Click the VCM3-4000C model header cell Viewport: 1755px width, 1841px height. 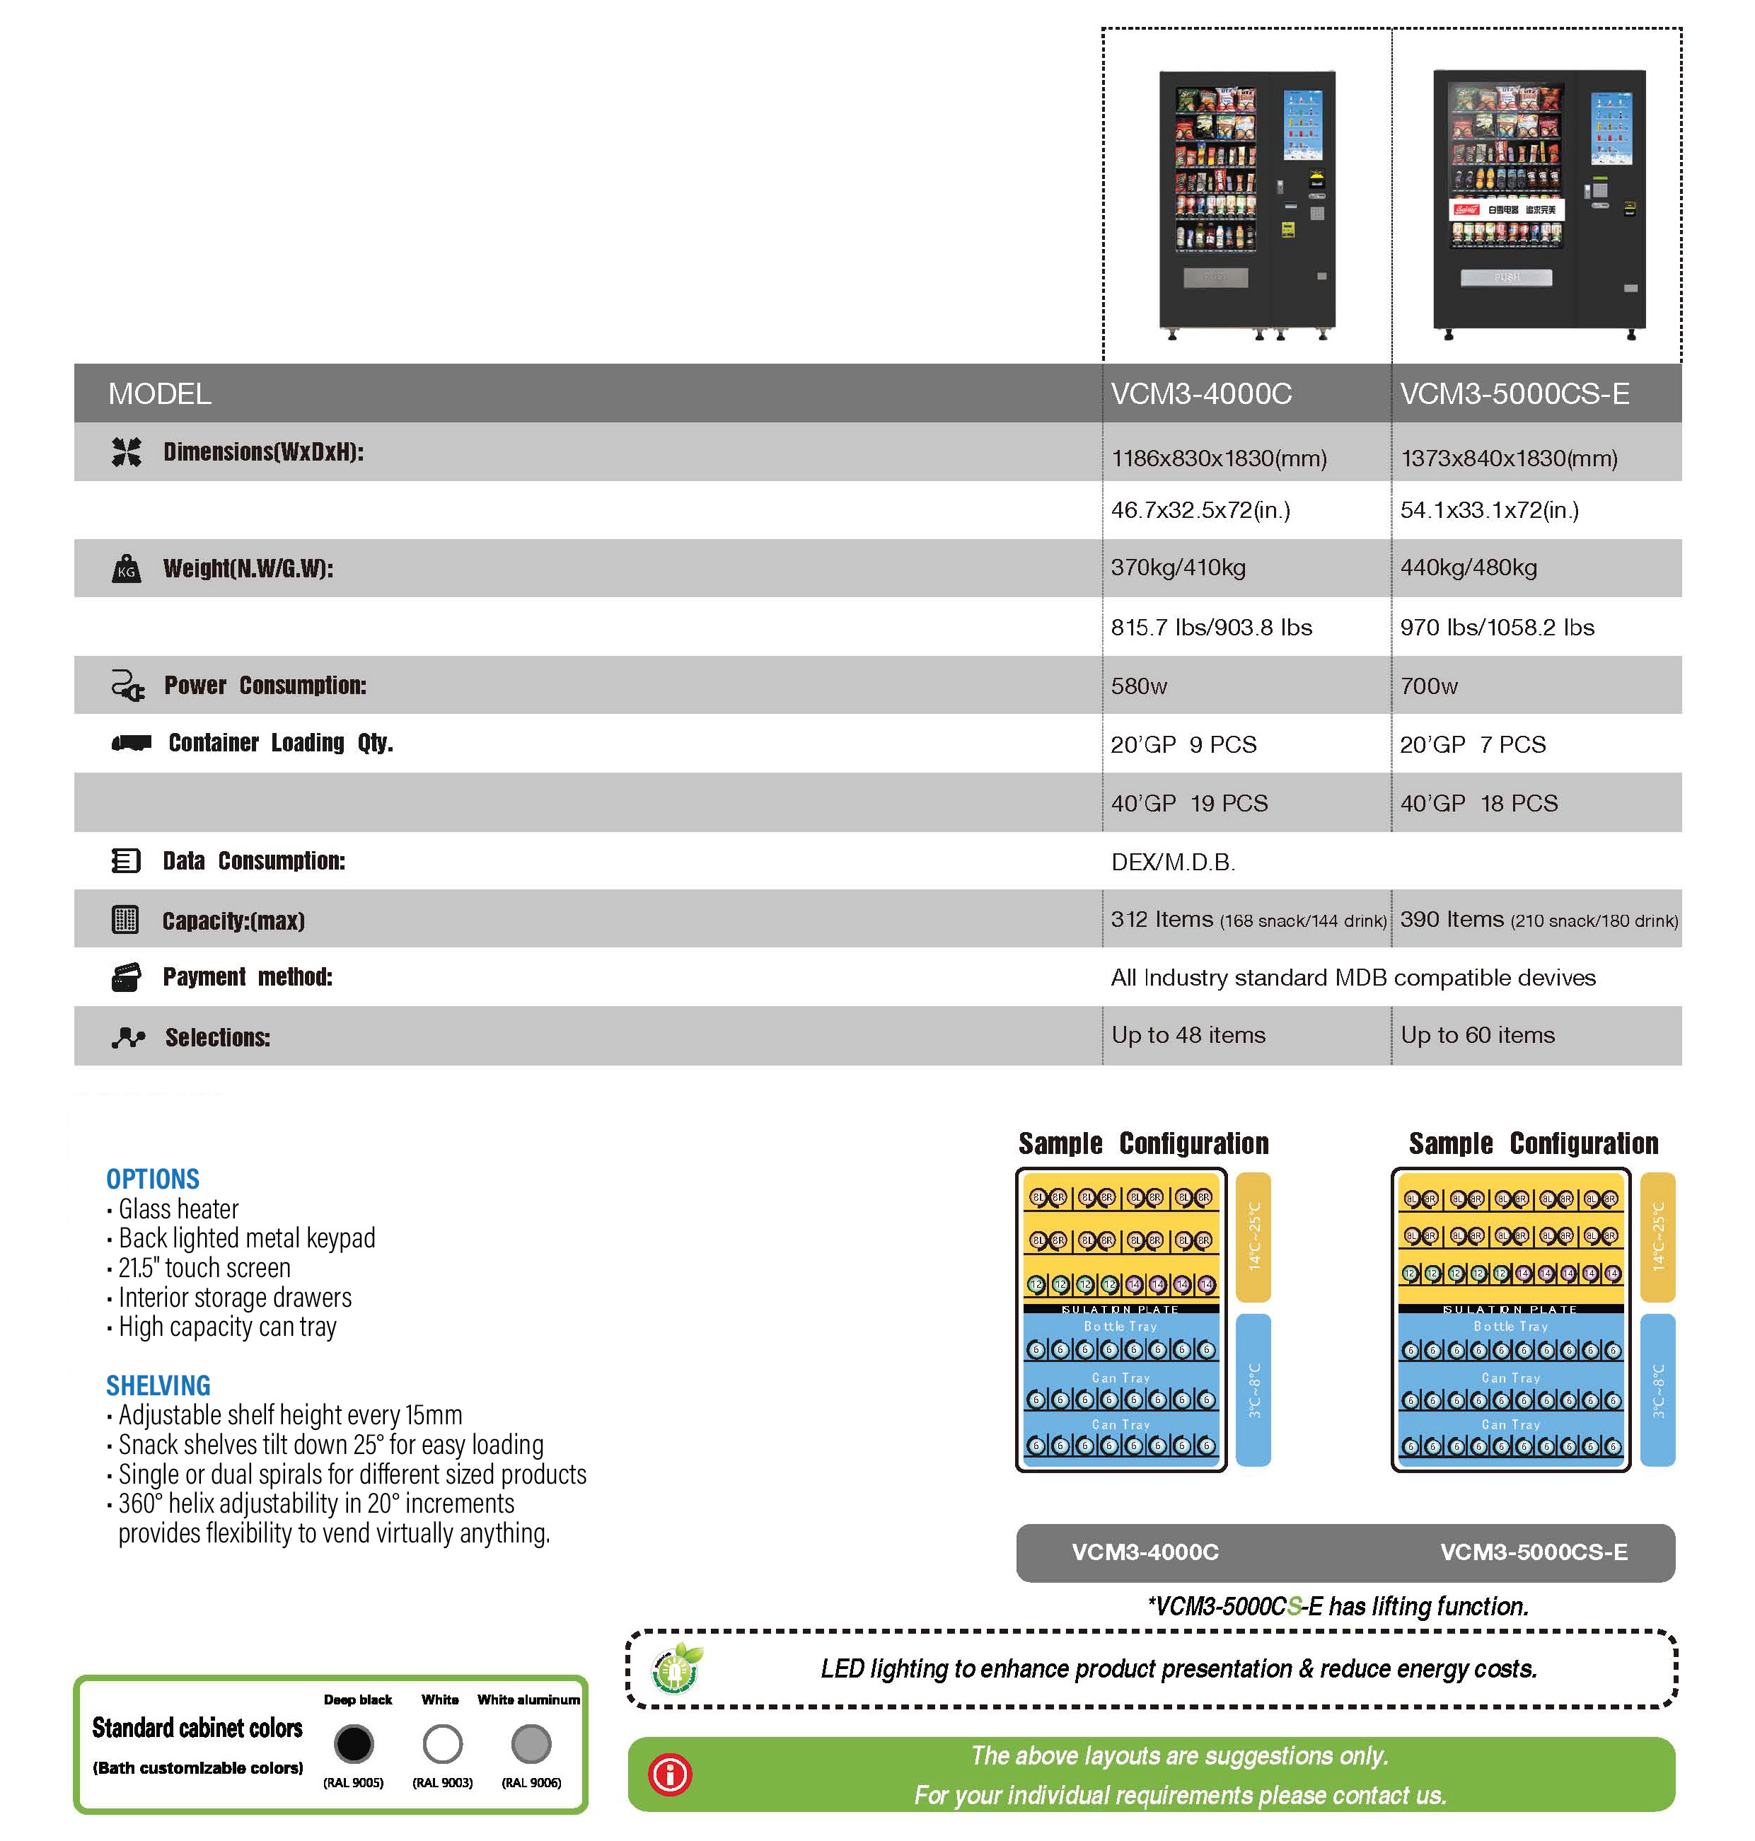click(1200, 394)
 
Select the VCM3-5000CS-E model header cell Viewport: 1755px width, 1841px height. click(1514, 394)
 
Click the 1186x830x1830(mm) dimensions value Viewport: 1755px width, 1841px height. click(1218, 458)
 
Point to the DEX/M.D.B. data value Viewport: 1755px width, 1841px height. click(1172, 862)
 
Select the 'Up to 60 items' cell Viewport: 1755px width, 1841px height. click(1477, 1034)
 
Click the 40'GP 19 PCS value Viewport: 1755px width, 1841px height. click(1189, 802)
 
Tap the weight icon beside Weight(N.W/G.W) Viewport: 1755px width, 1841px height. click(127, 568)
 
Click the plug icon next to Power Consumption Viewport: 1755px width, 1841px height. click(127, 686)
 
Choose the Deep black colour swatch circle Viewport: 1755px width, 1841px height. click(354, 1743)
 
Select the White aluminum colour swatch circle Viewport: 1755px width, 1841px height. click(531, 1743)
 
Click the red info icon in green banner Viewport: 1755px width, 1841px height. click(670, 1774)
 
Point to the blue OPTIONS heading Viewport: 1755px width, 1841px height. click(153, 1179)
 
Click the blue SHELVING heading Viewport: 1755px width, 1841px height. click(158, 1385)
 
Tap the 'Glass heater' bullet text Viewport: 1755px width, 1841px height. click(178, 1208)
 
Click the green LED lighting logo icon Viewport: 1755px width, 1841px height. click(676, 1669)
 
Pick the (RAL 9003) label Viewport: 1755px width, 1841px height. click(443, 1782)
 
